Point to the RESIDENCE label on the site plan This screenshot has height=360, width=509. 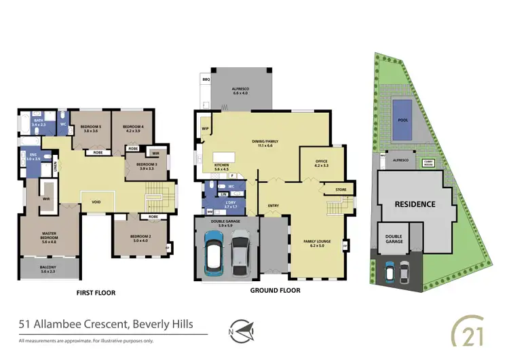point(415,203)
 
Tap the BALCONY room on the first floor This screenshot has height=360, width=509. point(49,270)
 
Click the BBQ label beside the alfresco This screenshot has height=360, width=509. point(206,79)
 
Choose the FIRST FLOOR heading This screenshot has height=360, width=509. point(96,293)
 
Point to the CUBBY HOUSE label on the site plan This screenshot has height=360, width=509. point(428,162)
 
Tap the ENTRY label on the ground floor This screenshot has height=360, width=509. point(273,205)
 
